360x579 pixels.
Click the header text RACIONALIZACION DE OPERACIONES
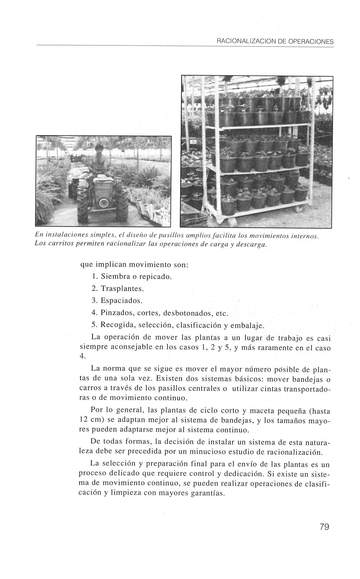pos(275,42)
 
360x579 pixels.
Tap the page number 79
pos(324,526)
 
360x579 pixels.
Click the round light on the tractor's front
pos(102,203)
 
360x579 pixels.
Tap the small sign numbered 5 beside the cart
pos(193,142)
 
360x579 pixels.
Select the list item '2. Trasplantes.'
pos(117,288)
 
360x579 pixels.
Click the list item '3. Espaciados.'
pos(117,301)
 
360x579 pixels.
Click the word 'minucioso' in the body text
pos(205,452)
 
